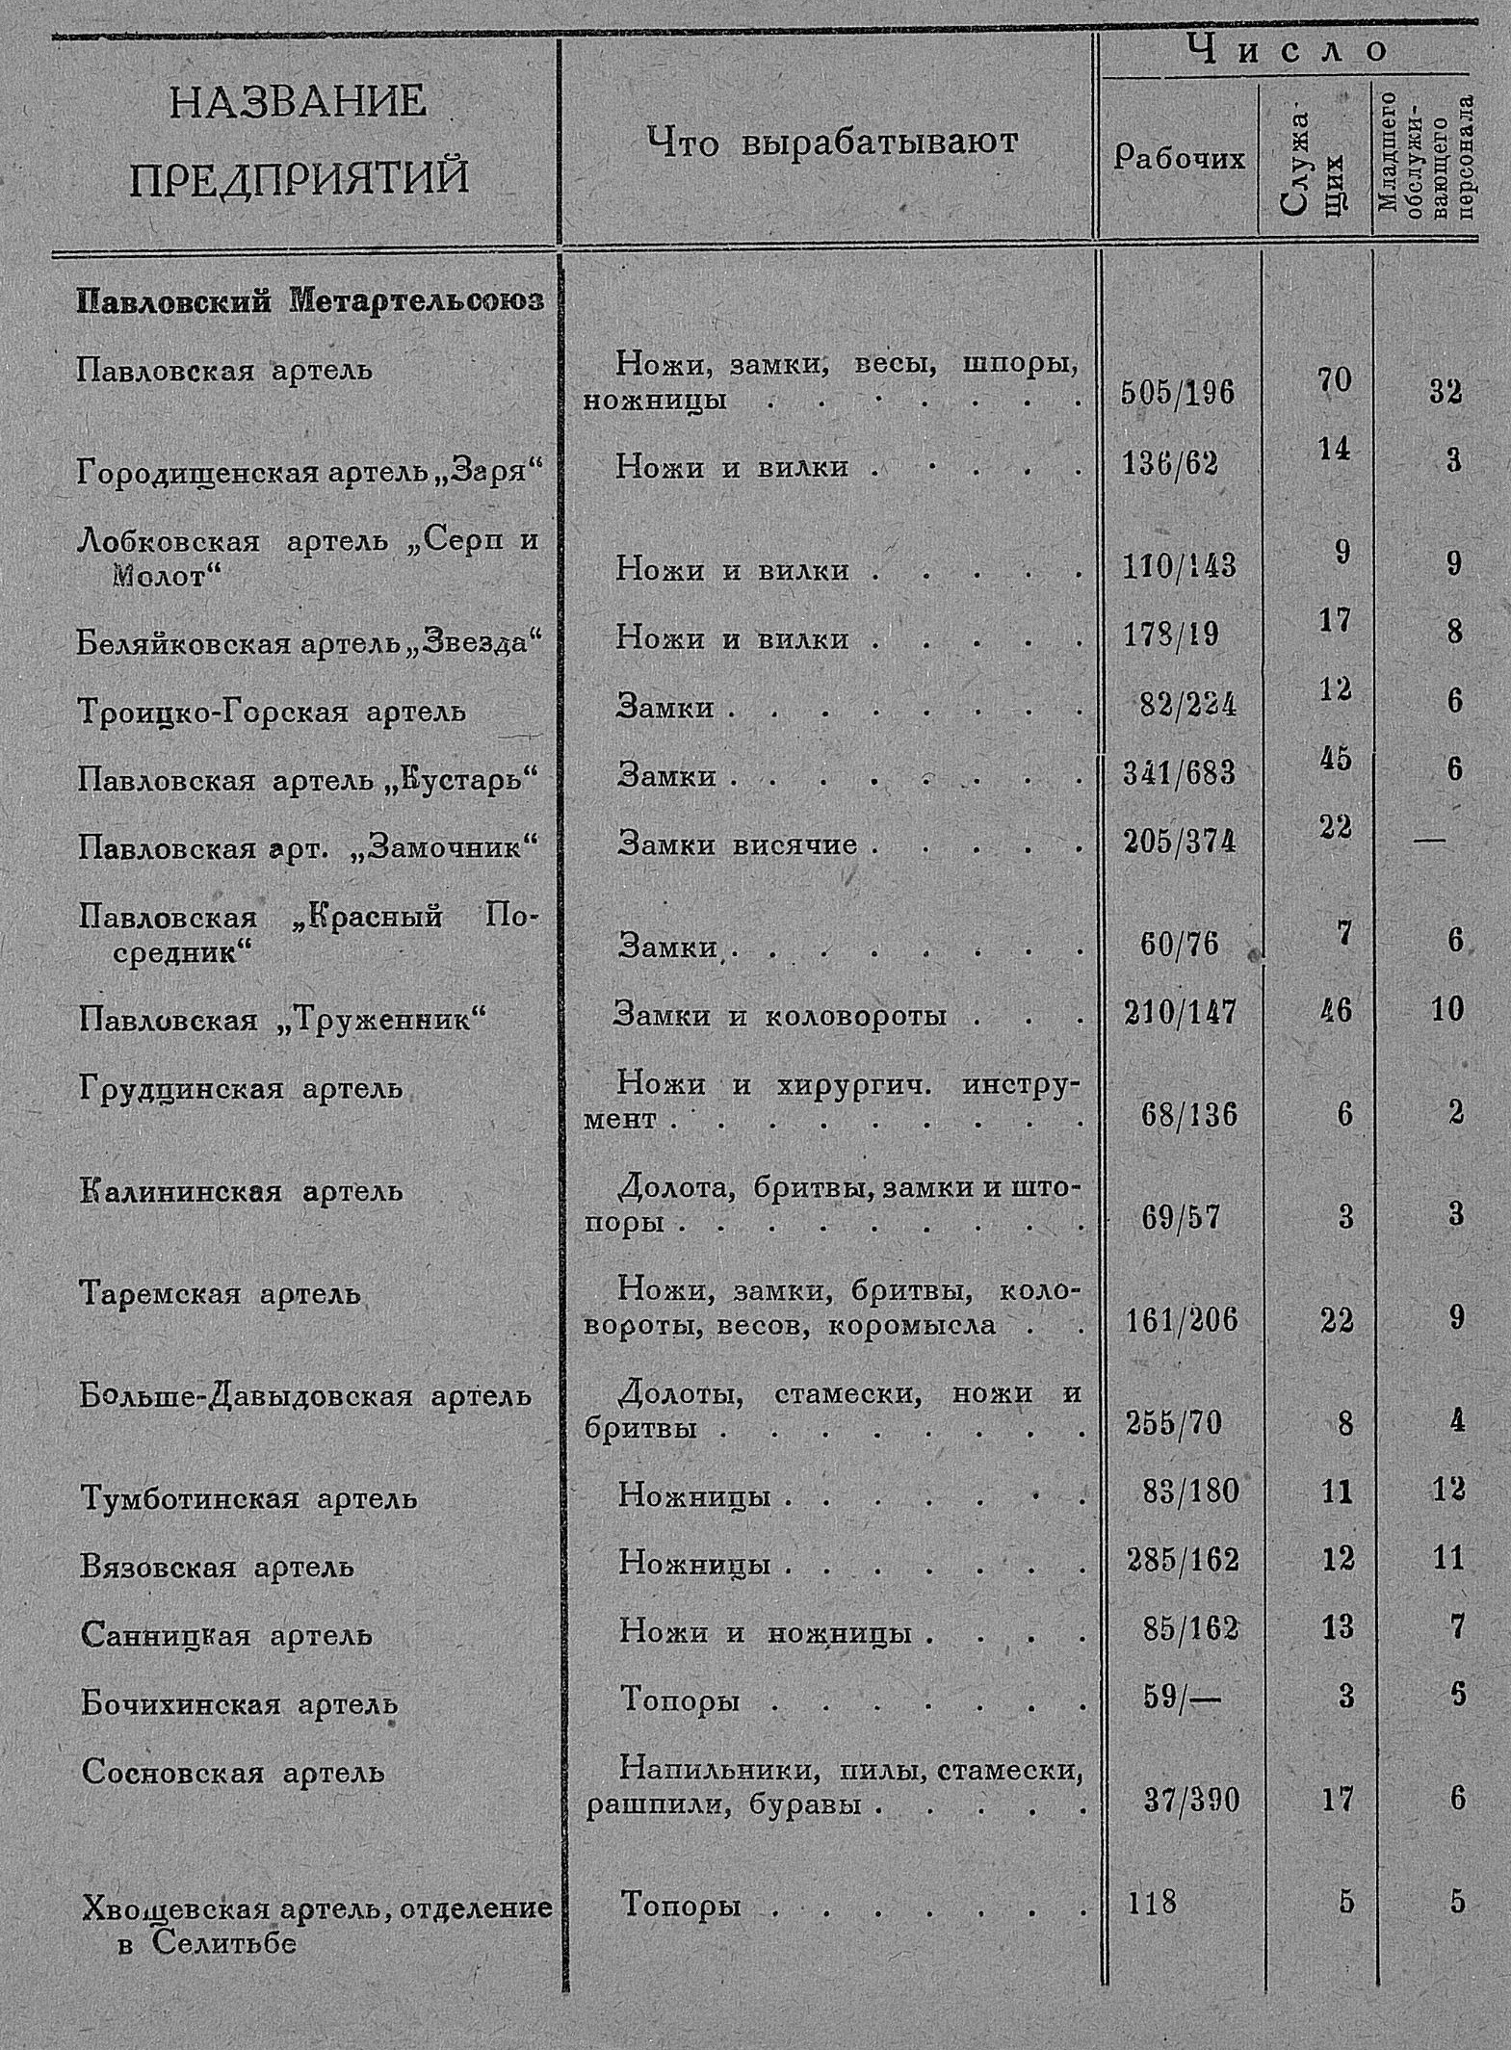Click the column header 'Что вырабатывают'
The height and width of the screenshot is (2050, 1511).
click(831, 143)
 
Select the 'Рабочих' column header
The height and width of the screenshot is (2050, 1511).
click(1179, 157)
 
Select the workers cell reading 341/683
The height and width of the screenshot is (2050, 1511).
click(1179, 772)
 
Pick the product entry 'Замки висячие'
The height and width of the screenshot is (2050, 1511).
click(738, 843)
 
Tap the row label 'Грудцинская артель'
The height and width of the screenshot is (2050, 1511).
click(240, 1089)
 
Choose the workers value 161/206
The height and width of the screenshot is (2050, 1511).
click(1182, 1321)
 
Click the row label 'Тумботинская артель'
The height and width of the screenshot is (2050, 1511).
click(248, 1498)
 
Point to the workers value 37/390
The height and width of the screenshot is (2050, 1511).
click(1190, 1800)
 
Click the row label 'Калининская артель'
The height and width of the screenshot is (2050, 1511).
click(241, 1191)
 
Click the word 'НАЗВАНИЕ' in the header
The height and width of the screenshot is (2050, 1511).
click(298, 101)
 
